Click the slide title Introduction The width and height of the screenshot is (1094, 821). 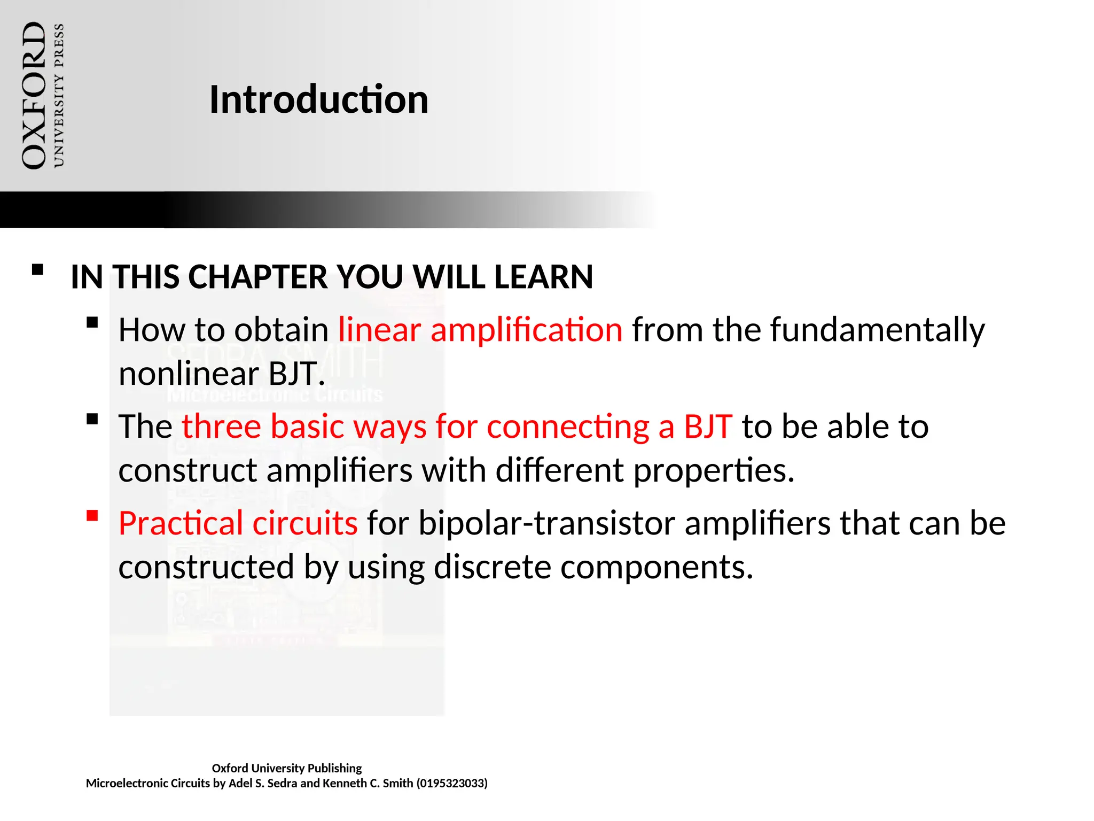(318, 99)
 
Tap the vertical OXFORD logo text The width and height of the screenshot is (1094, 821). (34, 96)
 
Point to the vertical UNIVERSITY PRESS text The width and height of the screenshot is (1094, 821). (59, 96)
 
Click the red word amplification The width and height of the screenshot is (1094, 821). (526, 330)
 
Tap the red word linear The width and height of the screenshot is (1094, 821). (379, 330)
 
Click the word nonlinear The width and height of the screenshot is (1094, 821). (189, 374)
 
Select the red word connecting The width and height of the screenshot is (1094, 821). (567, 427)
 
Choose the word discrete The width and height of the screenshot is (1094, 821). (492, 567)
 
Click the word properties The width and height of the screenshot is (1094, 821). (714, 471)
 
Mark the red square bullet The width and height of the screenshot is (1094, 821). (92, 516)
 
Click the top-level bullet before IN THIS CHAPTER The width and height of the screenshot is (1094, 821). (37, 269)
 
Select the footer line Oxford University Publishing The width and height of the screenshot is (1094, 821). (286, 768)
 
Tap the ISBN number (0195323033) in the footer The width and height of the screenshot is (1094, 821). (452, 783)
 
